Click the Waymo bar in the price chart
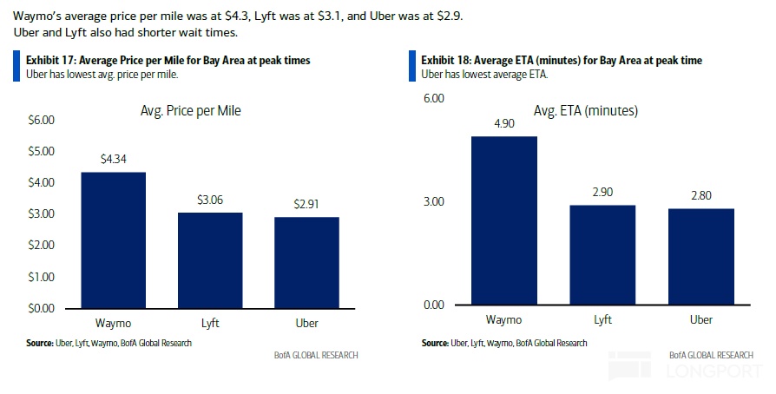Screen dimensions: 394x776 click(113, 240)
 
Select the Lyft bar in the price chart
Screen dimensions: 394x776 click(210, 259)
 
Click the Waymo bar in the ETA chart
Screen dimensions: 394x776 click(503, 220)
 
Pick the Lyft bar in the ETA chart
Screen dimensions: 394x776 click(602, 255)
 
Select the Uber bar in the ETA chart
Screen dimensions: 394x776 click(700, 257)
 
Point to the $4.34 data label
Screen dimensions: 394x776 click(113, 159)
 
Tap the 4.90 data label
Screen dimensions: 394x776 click(503, 123)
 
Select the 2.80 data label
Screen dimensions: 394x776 click(700, 195)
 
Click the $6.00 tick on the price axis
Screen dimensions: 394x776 click(41, 120)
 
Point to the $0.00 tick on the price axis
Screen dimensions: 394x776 click(41, 308)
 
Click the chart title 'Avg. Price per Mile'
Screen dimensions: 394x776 click(191, 111)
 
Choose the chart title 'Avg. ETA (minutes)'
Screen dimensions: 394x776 click(586, 111)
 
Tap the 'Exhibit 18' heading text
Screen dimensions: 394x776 click(562, 61)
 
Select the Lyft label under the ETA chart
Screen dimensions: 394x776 click(602, 320)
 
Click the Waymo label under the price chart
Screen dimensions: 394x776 click(113, 324)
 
